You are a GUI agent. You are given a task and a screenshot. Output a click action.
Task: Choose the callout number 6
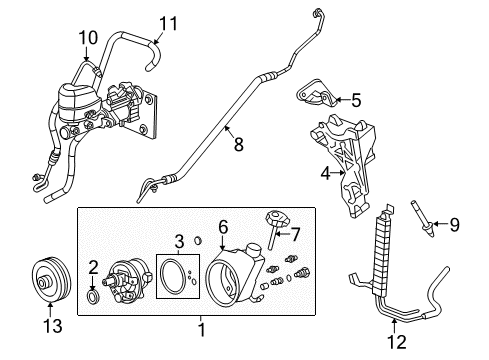pos(222,228)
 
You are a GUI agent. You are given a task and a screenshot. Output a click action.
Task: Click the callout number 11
pos(167,21)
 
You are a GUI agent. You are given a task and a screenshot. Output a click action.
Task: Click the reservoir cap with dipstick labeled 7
pos(272,226)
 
